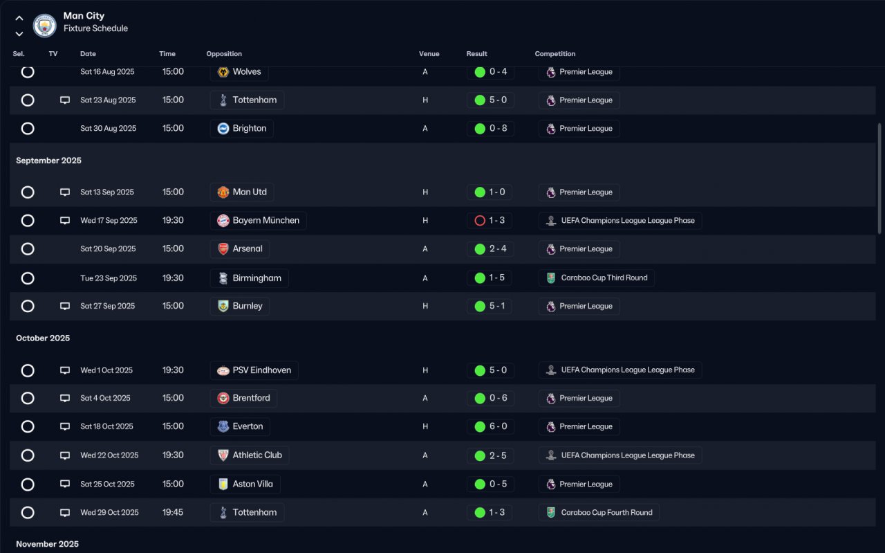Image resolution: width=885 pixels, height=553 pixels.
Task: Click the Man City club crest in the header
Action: point(44,26)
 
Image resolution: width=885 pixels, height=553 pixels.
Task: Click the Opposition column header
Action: point(224,54)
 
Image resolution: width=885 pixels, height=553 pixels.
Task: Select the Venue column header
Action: point(429,54)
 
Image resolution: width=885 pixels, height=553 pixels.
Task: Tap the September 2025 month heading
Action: point(48,161)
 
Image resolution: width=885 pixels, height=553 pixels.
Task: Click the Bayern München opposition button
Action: point(258,221)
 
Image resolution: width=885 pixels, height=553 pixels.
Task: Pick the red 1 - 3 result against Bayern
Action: point(490,221)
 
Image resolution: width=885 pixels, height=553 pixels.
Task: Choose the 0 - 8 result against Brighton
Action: point(490,129)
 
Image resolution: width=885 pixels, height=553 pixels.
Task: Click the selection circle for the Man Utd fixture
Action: point(28,192)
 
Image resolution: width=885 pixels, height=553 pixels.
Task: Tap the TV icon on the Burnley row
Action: point(65,306)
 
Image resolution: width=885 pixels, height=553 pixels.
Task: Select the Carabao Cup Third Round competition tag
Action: point(596,278)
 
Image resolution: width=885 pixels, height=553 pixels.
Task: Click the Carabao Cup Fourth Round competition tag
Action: point(599,513)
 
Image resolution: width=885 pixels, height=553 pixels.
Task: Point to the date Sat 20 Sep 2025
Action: point(108,249)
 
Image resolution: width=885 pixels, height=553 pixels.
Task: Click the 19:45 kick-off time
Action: point(173,513)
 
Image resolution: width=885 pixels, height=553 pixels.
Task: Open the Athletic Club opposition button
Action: point(250,455)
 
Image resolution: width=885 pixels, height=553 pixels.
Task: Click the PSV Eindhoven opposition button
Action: point(254,370)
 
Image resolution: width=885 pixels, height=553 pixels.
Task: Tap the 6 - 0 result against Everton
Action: point(490,427)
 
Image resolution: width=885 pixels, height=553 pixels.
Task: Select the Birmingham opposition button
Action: point(249,278)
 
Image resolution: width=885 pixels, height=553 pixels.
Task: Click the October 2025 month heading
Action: point(43,338)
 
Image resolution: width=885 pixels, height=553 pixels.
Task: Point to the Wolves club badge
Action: point(223,72)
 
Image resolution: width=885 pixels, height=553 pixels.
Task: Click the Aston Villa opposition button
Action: point(245,484)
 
